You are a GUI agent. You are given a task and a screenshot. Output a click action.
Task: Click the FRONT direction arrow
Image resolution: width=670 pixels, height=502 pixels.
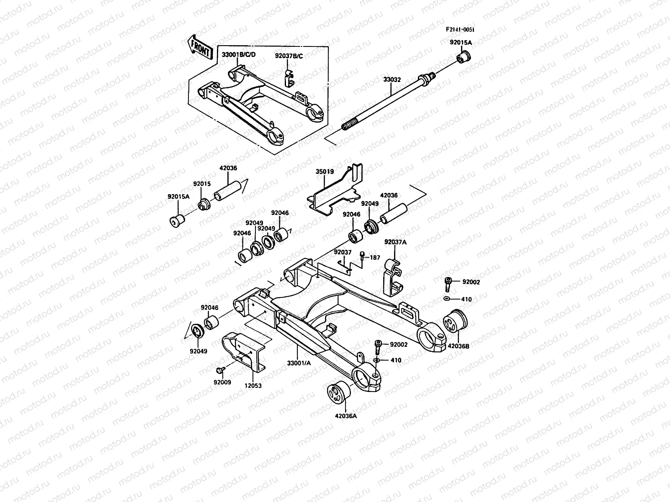199,47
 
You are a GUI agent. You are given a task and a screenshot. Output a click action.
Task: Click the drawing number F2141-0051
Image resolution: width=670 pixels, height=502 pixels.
462,30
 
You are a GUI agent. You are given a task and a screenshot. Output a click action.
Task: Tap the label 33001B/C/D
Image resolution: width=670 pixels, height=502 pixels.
238,55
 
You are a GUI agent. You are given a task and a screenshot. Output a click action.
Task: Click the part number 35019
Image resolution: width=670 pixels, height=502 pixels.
325,171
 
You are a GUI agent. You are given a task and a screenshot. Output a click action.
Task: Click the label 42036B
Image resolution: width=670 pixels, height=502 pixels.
458,346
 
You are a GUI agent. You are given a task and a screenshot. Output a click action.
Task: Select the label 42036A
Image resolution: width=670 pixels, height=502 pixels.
345,416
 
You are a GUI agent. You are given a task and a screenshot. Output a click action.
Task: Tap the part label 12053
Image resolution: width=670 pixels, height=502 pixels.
253,385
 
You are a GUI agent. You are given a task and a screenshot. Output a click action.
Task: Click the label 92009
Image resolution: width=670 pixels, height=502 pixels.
222,382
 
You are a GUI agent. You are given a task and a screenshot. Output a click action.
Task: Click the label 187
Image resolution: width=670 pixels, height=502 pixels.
375,258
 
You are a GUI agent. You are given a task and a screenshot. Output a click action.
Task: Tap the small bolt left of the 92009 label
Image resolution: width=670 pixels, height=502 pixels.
219,370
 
